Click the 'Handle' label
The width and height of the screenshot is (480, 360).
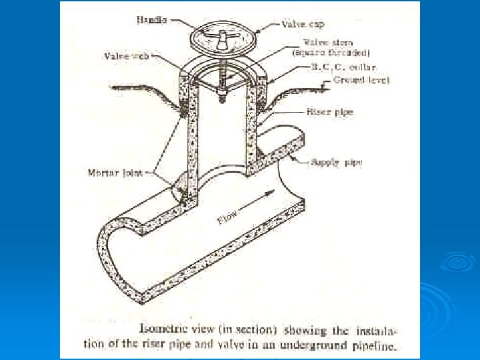[x=153, y=21]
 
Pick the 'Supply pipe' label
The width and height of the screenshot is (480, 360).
[x=335, y=162]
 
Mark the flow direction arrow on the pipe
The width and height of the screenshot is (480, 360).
[x=257, y=199]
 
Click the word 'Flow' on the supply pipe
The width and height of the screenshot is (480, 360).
[x=227, y=217]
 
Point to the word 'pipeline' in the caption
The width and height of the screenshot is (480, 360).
[x=375, y=345]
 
